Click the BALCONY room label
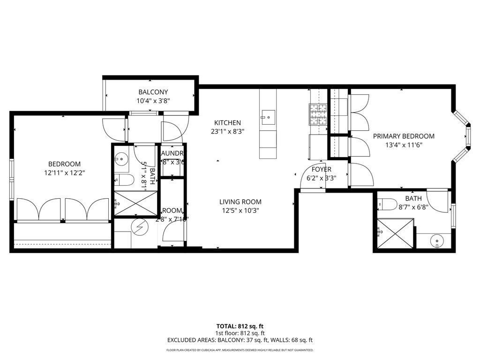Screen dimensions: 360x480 pyautogui.click(x=153, y=92)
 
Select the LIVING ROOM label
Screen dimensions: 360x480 pyautogui.click(x=240, y=202)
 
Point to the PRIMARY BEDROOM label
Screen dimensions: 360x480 pyautogui.click(x=404, y=136)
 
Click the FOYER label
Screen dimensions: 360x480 pyautogui.click(x=321, y=169)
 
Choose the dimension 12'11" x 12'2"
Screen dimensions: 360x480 pyautogui.click(x=64, y=172)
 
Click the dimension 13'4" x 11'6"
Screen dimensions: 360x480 pyautogui.click(x=404, y=145)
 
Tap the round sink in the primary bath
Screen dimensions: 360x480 pyautogui.click(x=437, y=241)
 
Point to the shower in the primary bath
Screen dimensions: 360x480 pyautogui.click(x=395, y=234)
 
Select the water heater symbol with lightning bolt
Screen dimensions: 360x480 pyautogui.click(x=139, y=227)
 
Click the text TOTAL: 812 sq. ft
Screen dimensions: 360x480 pyautogui.click(x=240, y=326)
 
